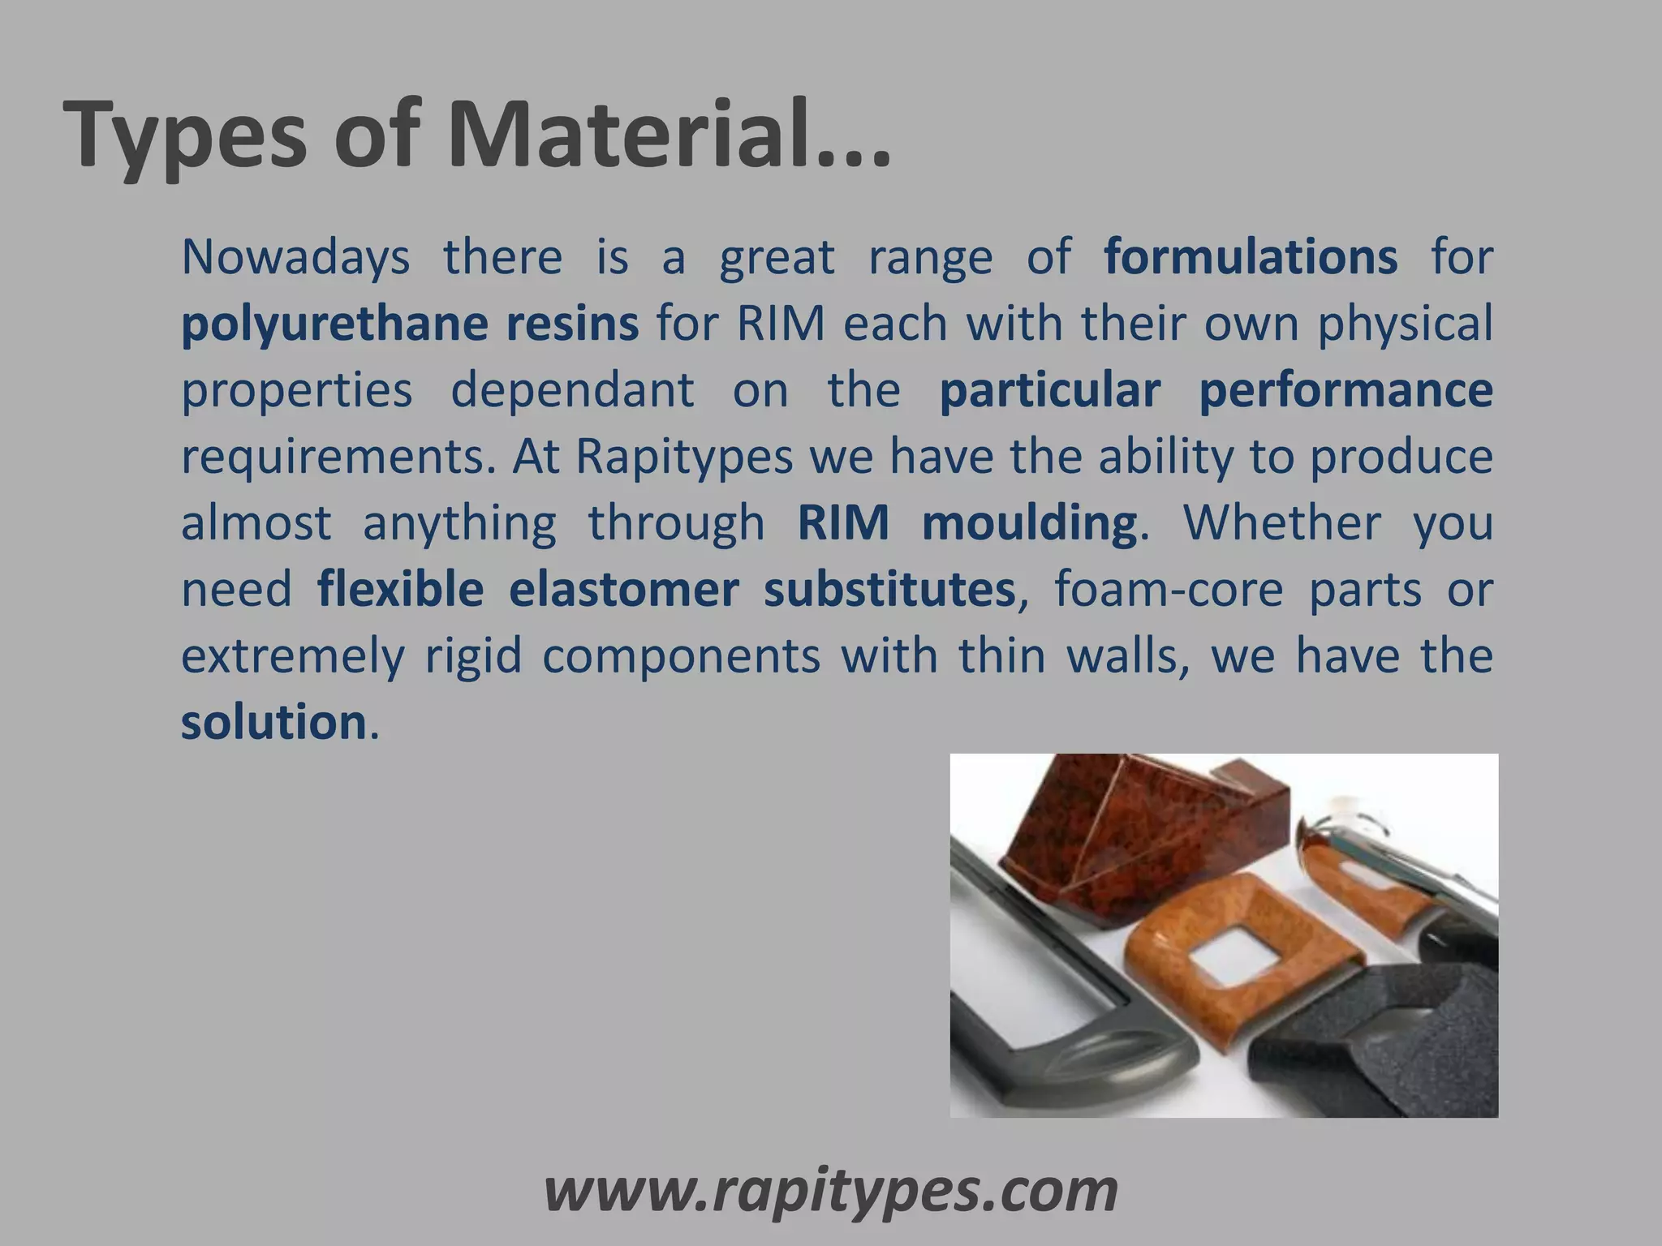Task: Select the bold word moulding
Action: pos(1028,522)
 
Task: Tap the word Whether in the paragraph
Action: pos(1282,522)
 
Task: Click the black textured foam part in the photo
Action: pos(1396,1046)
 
